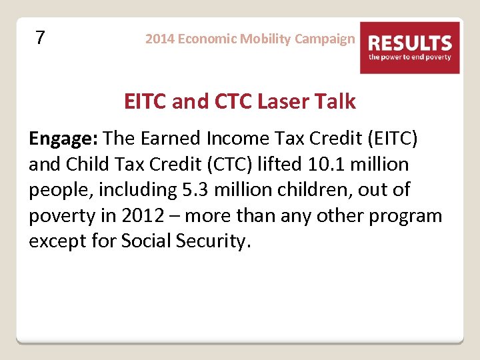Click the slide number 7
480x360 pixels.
pos(40,38)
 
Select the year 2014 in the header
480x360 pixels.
pos(159,39)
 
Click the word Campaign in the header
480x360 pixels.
pos(325,39)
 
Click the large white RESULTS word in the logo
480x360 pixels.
pos(410,44)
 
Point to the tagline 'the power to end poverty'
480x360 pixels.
pos(410,57)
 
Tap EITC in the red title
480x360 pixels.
pos(145,102)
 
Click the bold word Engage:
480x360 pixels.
pos(64,139)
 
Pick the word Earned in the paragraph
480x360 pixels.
pos(175,138)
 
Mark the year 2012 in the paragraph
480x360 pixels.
pos(137,216)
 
